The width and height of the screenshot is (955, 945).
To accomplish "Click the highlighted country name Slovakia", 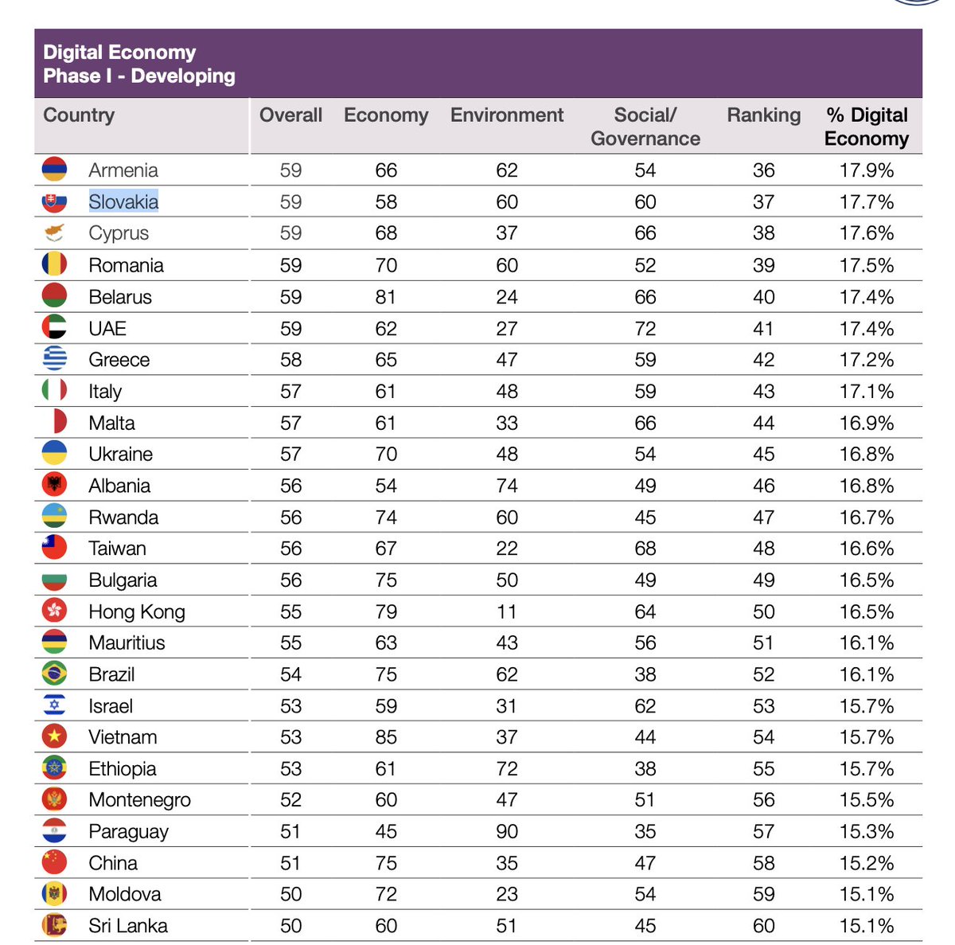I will (x=123, y=201).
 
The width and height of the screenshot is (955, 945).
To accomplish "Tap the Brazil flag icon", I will (x=54, y=674).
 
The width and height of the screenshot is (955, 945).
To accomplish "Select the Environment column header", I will (x=507, y=115).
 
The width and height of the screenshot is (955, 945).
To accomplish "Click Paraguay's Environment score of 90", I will (x=507, y=831).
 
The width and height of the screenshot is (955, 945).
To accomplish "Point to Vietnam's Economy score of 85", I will (x=386, y=737).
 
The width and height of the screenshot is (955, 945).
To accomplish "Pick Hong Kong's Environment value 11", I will (x=507, y=611).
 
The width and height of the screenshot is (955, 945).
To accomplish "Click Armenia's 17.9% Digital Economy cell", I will (x=866, y=170).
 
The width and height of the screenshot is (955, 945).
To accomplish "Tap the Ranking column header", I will (x=763, y=115).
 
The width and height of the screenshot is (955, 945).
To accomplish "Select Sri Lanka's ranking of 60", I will (x=763, y=926).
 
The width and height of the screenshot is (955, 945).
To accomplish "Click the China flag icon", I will (x=54, y=862).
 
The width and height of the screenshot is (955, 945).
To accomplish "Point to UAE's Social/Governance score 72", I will (x=645, y=328).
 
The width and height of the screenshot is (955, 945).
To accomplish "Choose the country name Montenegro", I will (x=140, y=800).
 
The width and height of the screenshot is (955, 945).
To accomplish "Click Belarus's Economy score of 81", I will (x=386, y=297).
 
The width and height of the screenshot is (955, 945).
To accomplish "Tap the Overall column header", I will (x=290, y=115).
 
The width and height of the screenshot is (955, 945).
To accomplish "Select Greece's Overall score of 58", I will (x=290, y=360).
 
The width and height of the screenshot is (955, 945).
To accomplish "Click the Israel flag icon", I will (x=54, y=705).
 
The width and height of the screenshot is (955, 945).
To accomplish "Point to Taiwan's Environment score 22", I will (x=507, y=549).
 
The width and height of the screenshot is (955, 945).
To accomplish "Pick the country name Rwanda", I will (x=123, y=517).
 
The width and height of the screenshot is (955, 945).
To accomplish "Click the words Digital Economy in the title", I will (x=119, y=53).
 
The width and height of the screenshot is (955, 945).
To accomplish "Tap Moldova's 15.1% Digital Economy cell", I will (x=866, y=894).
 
